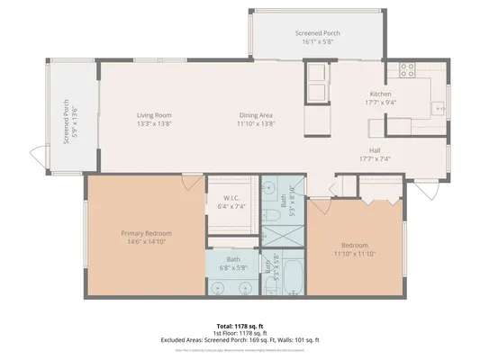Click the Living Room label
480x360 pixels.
point(154,115)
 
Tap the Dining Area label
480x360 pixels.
point(257,115)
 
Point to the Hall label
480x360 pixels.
point(374,150)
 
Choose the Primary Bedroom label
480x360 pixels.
point(146,233)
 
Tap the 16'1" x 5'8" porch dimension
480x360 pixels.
point(314,41)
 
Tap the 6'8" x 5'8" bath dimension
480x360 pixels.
point(233,267)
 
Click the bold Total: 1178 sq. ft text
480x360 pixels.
point(240,326)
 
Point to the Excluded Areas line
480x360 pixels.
point(240,340)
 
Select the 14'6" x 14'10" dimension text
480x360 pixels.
point(146,241)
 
